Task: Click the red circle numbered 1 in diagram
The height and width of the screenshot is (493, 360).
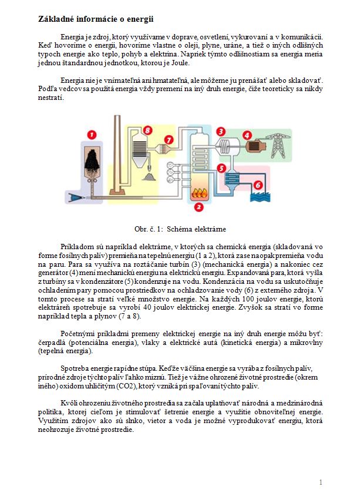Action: coord(91,135)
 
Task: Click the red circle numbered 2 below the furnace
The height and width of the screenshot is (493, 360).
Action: coord(199,207)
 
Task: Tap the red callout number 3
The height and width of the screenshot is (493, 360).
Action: coord(221,130)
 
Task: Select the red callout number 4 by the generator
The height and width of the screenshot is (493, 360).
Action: coord(247,135)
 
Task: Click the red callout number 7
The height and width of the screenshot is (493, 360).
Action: coord(169,140)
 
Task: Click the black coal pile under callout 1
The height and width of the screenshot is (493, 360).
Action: coord(92,157)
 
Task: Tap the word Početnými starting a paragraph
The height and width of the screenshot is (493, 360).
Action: coord(79,334)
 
